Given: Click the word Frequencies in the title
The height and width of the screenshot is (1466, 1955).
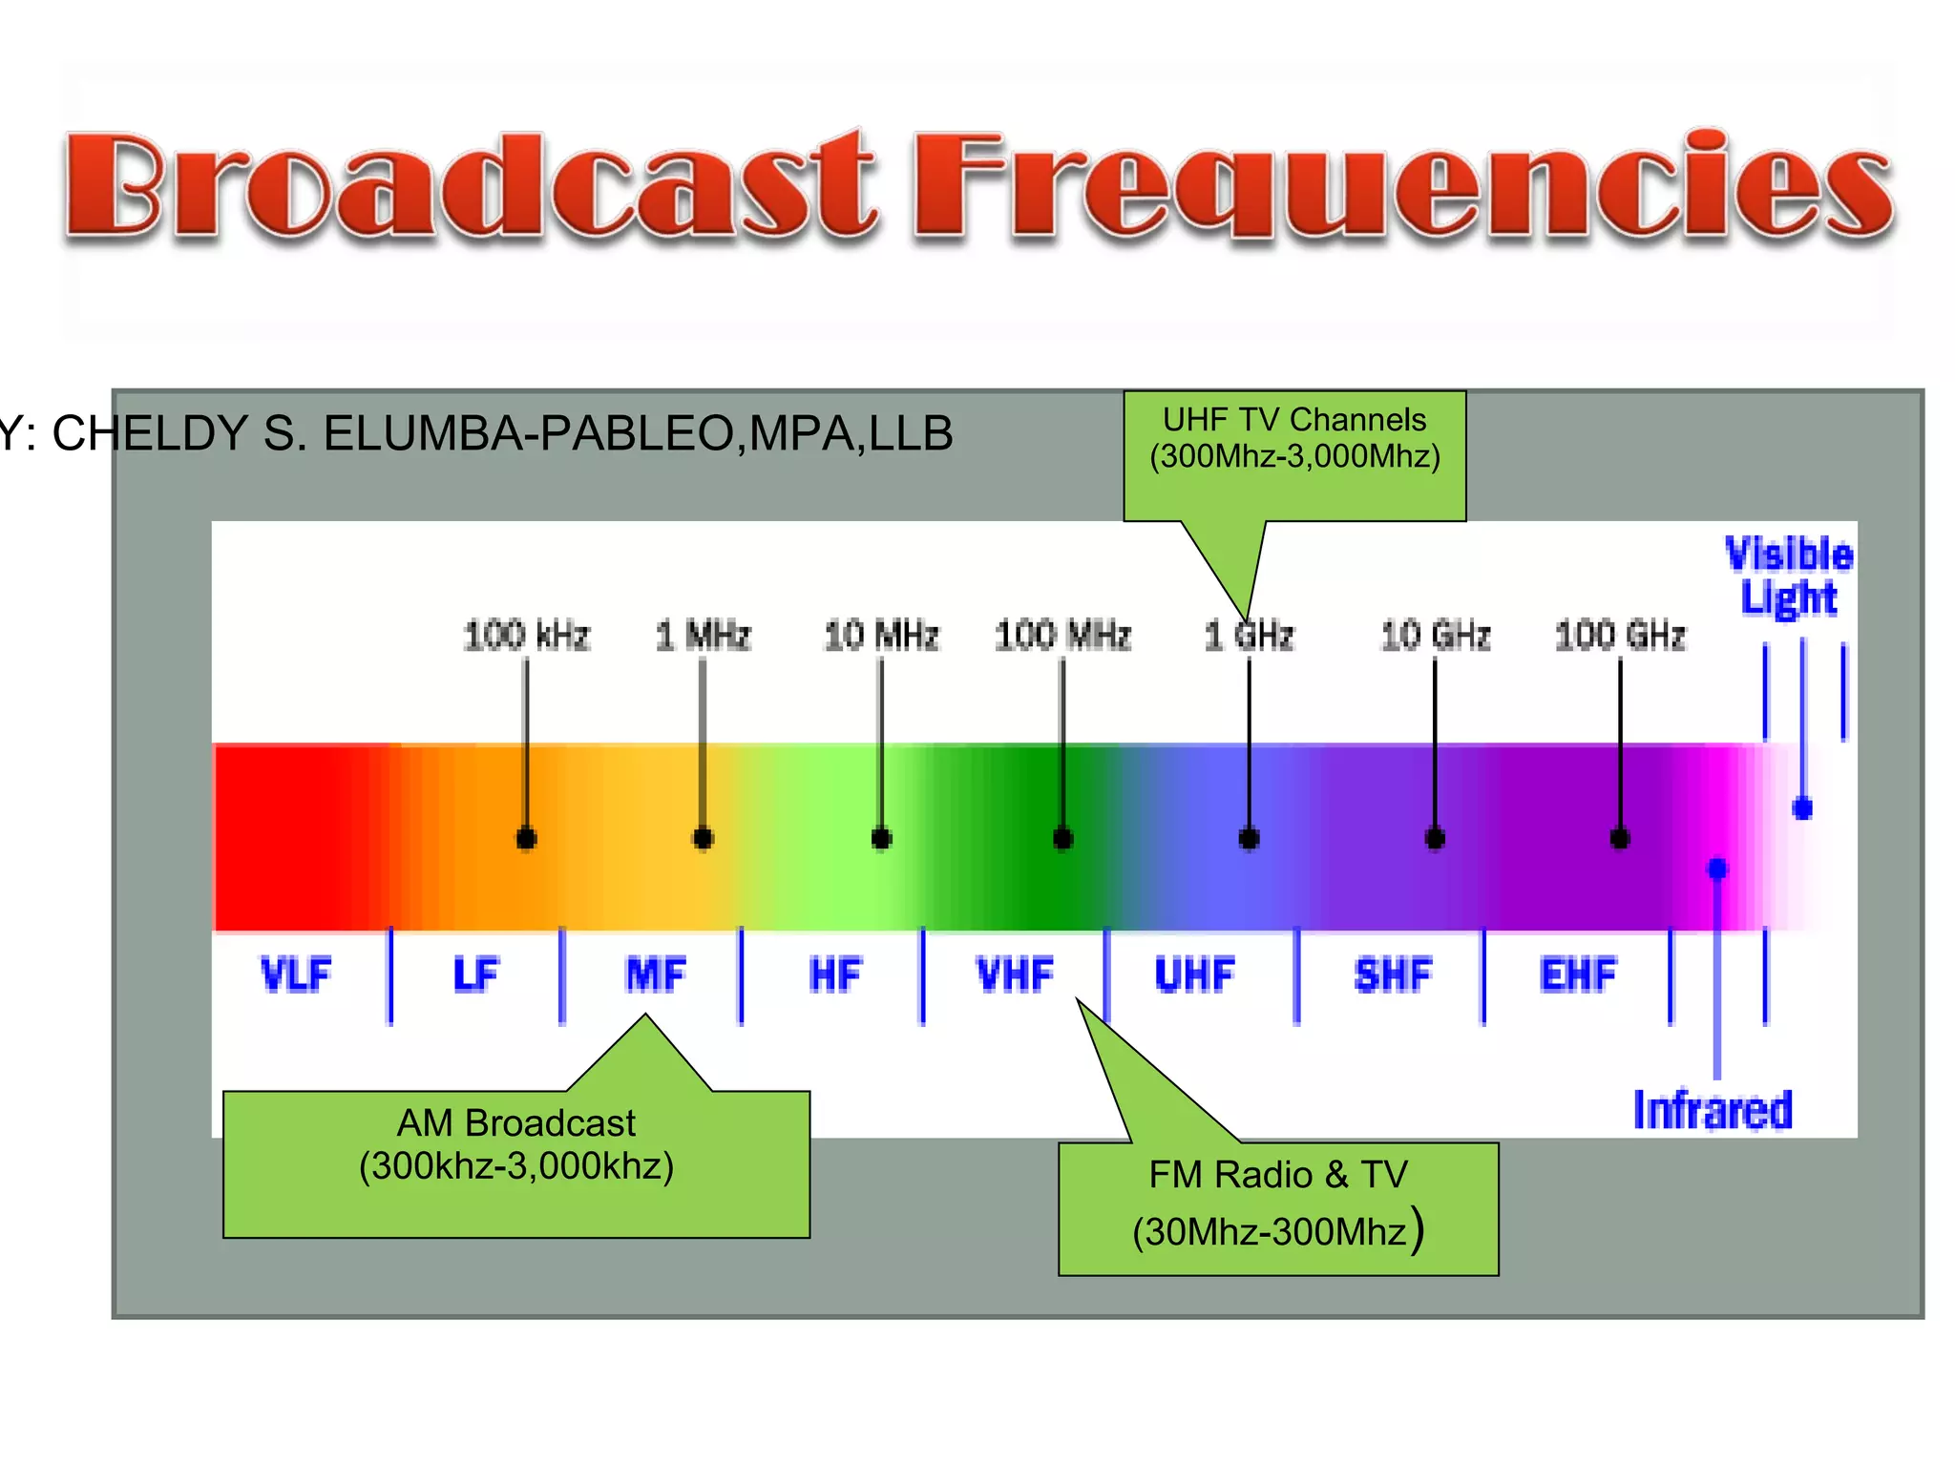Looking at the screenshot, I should click(1403, 186).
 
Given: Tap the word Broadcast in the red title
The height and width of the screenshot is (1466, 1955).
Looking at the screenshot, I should click(468, 186).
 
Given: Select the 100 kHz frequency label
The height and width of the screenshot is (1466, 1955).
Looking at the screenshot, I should click(526, 636).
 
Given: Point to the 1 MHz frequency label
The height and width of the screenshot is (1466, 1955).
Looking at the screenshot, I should click(704, 636).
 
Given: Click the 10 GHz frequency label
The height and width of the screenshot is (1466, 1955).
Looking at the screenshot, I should click(1435, 636).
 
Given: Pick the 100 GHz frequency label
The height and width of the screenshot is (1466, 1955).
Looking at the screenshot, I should click(1620, 636).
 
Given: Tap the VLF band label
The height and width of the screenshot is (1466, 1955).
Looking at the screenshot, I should click(296, 974).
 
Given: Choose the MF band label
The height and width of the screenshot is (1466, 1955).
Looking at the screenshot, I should click(656, 974).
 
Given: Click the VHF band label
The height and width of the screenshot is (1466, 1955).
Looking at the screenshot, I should click(1015, 974).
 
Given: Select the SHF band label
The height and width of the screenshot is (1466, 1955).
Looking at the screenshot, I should click(1393, 974).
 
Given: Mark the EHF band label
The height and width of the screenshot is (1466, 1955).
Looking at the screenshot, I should click(1578, 974).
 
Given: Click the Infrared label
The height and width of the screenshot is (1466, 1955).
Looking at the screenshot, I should click(1713, 1110).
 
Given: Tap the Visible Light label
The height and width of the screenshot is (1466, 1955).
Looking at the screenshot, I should click(1789, 576).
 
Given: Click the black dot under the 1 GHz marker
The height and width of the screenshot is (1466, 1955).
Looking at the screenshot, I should click(1249, 839).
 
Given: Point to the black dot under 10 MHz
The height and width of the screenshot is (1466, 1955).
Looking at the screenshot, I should click(881, 839).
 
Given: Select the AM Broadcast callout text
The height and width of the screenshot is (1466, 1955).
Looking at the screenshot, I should click(516, 1144).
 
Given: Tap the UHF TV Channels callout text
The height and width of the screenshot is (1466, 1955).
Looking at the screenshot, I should click(1294, 438).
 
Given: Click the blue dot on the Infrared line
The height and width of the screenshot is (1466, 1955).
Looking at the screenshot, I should click(1717, 869).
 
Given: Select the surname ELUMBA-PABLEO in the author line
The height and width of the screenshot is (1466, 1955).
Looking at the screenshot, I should click(531, 433).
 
